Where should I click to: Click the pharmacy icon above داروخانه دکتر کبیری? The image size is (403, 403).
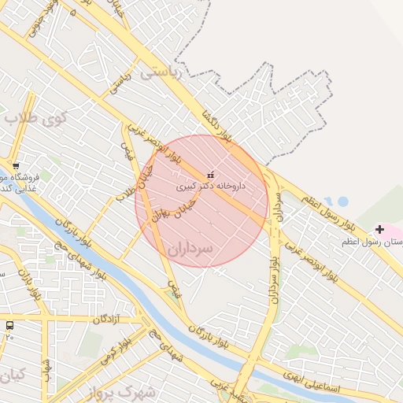click(209, 174)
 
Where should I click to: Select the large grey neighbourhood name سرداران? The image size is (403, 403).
click(213, 246)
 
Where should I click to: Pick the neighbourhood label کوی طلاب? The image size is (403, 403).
click(35, 118)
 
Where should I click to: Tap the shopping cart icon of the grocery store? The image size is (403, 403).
click(16, 166)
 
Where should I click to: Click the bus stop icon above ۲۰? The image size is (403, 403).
click(9, 325)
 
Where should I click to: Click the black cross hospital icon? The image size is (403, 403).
click(380, 229)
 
